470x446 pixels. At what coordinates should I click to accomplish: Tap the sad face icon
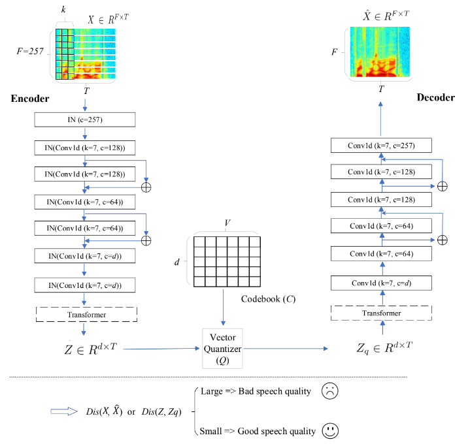pos(330,391)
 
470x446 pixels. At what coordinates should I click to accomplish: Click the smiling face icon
pos(330,431)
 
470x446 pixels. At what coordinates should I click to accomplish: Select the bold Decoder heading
pos(435,97)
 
